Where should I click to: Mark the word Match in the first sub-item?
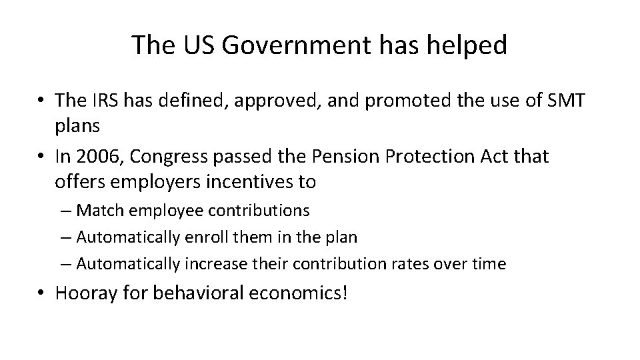[x=100, y=211]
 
